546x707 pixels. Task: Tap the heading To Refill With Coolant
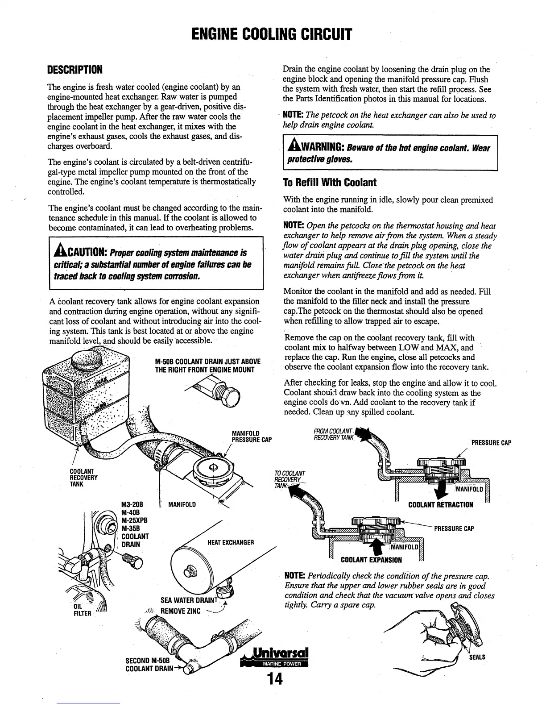pos(330,183)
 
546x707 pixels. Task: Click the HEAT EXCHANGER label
pos(231,542)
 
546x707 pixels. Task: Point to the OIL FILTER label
pos(83,610)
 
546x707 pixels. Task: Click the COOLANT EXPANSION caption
pos(371,560)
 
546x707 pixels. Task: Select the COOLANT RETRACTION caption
pos(440,505)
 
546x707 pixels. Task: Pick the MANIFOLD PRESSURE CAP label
pos(252,437)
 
